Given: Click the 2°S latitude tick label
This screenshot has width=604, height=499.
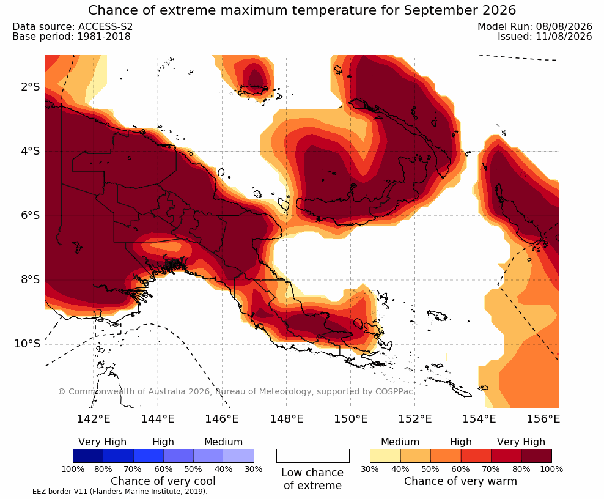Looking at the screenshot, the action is click(30, 87).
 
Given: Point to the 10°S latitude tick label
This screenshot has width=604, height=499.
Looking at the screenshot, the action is click(27, 343).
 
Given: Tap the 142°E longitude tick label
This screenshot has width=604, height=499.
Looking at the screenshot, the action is click(93, 418).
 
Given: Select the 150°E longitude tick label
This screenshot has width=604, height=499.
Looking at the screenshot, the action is click(350, 418).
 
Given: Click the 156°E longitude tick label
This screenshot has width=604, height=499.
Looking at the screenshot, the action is click(543, 418).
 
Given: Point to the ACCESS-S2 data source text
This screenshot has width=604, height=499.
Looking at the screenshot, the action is click(105, 26).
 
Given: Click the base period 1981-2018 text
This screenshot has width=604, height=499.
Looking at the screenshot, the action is click(104, 36).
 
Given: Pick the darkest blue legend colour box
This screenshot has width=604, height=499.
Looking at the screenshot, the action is click(88, 456).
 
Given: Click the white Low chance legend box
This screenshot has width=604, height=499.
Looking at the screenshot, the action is click(313, 456).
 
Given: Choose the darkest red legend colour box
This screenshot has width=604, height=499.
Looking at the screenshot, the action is click(537, 456).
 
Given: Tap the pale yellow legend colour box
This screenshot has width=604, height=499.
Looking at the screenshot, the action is click(385, 456).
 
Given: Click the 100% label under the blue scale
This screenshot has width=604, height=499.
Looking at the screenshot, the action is click(73, 469).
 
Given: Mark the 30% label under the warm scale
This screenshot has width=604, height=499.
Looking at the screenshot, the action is click(370, 469).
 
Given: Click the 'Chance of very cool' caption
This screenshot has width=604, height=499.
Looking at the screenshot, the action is click(163, 481).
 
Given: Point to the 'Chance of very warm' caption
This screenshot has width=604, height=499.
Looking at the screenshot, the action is click(460, 481).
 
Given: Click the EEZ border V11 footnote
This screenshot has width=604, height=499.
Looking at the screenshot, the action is click(107, 492).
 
